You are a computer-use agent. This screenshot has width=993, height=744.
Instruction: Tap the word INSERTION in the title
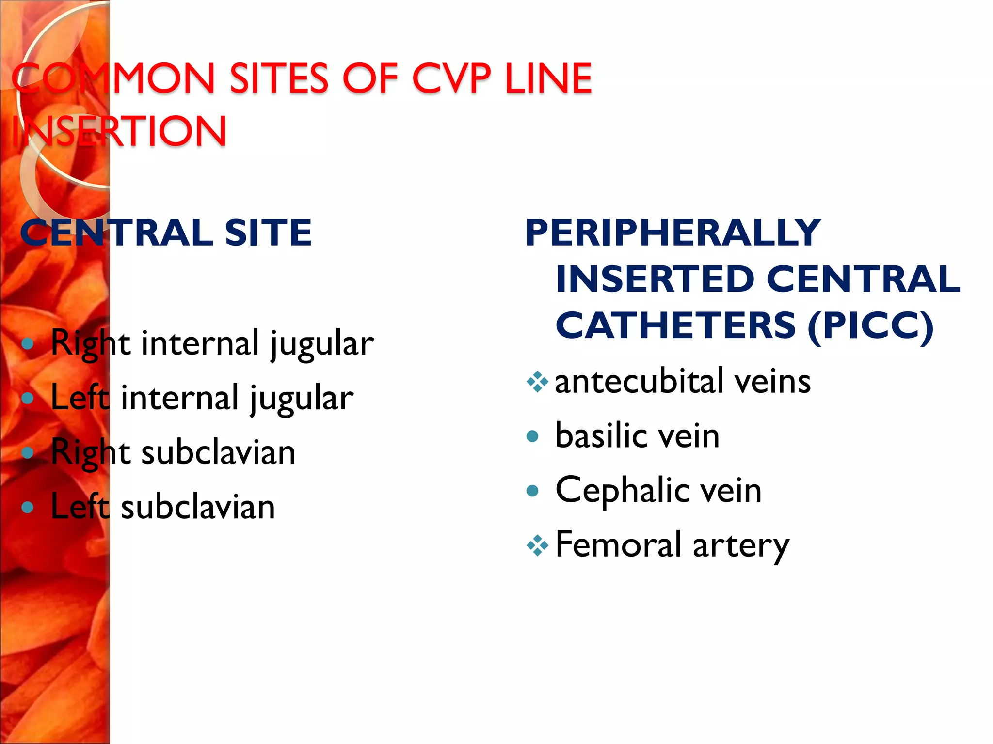119,131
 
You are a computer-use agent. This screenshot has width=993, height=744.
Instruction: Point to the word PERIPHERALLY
673,233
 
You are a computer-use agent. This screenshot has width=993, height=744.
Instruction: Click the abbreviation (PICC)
870,325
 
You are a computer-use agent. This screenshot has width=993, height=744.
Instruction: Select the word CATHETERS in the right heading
675,325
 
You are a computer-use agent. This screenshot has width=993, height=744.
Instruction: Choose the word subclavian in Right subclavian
218,452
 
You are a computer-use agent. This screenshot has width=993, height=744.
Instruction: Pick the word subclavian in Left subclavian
198,507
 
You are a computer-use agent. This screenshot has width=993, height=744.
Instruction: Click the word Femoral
619,544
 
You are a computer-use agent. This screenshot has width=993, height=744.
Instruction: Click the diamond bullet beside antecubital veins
537,382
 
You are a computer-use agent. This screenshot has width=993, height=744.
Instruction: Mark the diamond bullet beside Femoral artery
537,546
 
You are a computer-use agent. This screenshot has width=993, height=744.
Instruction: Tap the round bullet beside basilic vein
532,436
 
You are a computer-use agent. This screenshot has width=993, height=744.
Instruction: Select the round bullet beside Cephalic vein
532,491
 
